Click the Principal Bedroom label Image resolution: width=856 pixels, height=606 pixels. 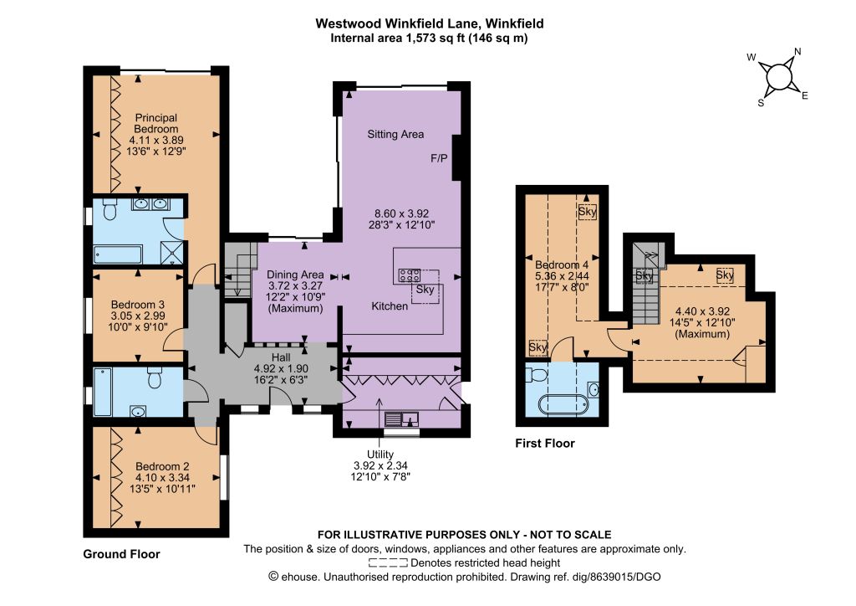156,123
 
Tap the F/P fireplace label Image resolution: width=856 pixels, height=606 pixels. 439,158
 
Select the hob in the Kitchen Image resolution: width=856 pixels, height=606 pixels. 410,275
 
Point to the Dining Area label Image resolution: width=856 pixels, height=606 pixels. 295,275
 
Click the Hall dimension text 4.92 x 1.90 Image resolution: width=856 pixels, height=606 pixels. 281,368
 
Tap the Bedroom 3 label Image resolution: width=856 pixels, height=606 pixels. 138,305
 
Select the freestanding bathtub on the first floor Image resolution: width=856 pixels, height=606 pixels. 563,405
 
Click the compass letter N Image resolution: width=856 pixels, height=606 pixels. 797,52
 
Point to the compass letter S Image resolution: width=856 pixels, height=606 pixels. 761,103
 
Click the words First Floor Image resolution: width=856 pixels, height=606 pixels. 545,443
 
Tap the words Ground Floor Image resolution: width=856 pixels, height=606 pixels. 121,554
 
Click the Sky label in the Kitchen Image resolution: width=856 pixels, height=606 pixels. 425,289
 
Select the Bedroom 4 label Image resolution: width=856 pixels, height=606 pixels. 562,264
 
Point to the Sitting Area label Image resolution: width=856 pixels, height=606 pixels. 395,134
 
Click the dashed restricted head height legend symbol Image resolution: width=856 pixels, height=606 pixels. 388,562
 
